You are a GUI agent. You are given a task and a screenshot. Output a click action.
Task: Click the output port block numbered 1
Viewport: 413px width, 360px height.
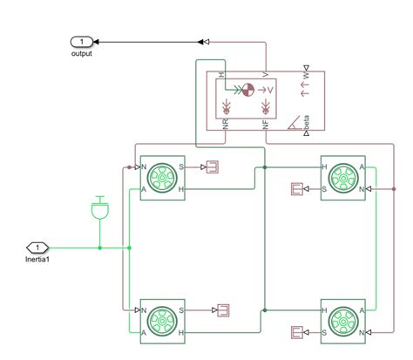pyautogui.click(x=81, y=41)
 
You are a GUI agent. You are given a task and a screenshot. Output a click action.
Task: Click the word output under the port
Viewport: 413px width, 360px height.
pyautogui.click(x=81, y=53)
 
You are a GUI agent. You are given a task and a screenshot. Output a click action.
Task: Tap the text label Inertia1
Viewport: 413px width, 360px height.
pyautogui.click(x=38, y=260)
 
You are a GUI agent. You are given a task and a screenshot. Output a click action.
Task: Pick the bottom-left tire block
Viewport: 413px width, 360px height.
pyautogui.click(x=161, y=320)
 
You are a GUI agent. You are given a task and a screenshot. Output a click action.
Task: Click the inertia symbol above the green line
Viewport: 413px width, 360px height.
pyautogui.click(x=99, y=208)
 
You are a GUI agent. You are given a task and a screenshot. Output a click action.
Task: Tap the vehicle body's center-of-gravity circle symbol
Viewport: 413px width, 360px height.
pyautogui.click(x=247, y=88)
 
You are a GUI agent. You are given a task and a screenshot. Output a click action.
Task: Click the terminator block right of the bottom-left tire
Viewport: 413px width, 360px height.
pyautogui.click(x=221, y=309)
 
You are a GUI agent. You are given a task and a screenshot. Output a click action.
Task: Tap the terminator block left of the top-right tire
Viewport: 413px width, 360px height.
pyautogui.click(x=297, y=188)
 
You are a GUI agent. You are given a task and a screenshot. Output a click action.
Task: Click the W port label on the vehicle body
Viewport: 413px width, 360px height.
pyautogui.click(x=306, y=77)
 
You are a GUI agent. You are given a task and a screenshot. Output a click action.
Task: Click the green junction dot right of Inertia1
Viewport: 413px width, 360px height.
pyautogui.click(x=99, y=248)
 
